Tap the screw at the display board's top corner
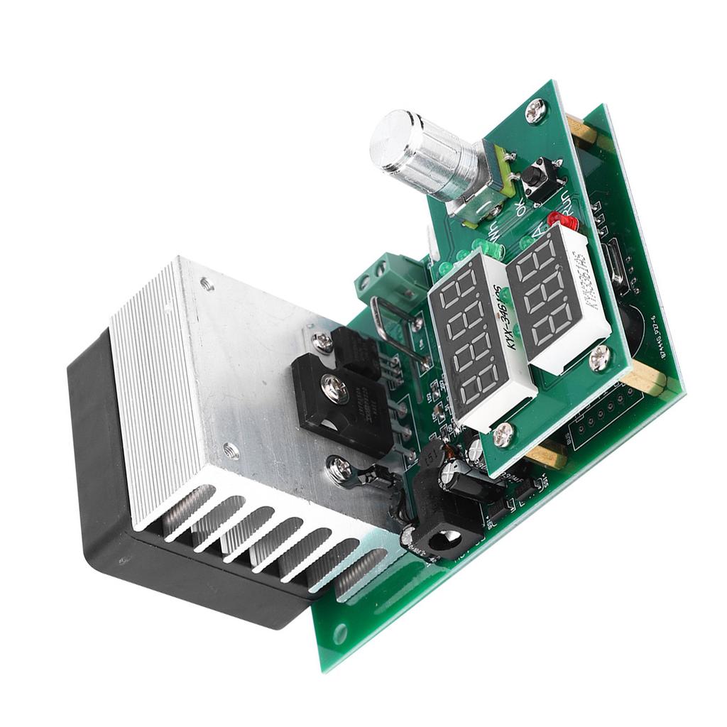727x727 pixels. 535,110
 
